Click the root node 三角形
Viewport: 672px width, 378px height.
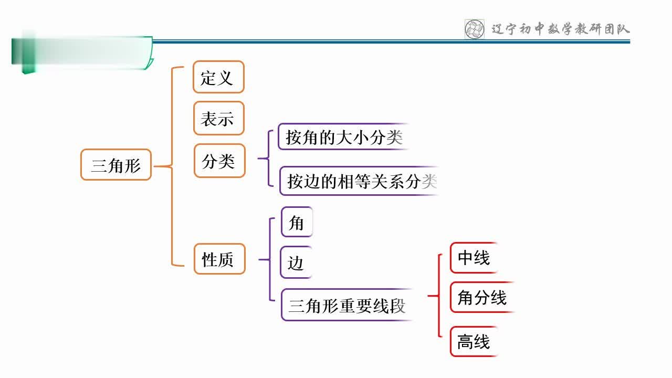(116, 165)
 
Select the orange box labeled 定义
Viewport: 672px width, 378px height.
(218, 77)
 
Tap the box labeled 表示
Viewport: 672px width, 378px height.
(218, 118)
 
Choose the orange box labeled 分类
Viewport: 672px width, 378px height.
(219, 161)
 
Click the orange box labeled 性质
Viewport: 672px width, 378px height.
(219, 259)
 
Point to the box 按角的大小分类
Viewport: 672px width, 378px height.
(344, 137)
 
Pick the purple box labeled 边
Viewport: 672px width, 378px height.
(296, 262)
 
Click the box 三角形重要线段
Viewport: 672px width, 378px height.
(347, 305)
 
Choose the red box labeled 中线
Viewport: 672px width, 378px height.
(474, 258)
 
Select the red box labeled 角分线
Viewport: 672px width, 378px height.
(482, 298)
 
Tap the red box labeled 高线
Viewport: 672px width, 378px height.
(474, 342)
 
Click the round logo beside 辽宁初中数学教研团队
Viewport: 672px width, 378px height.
(475, 29)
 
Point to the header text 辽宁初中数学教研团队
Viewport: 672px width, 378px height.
(560, 29)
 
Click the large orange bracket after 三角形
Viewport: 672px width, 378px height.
(172, 166)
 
